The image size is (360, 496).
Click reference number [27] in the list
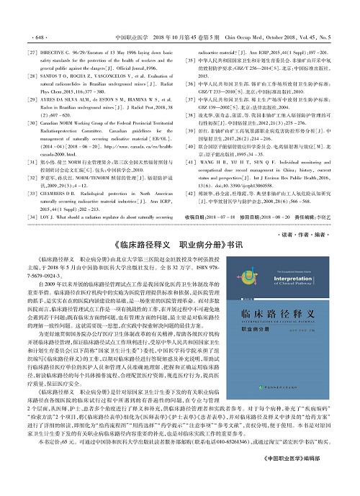pyautogui.click(x=32, y=33)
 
